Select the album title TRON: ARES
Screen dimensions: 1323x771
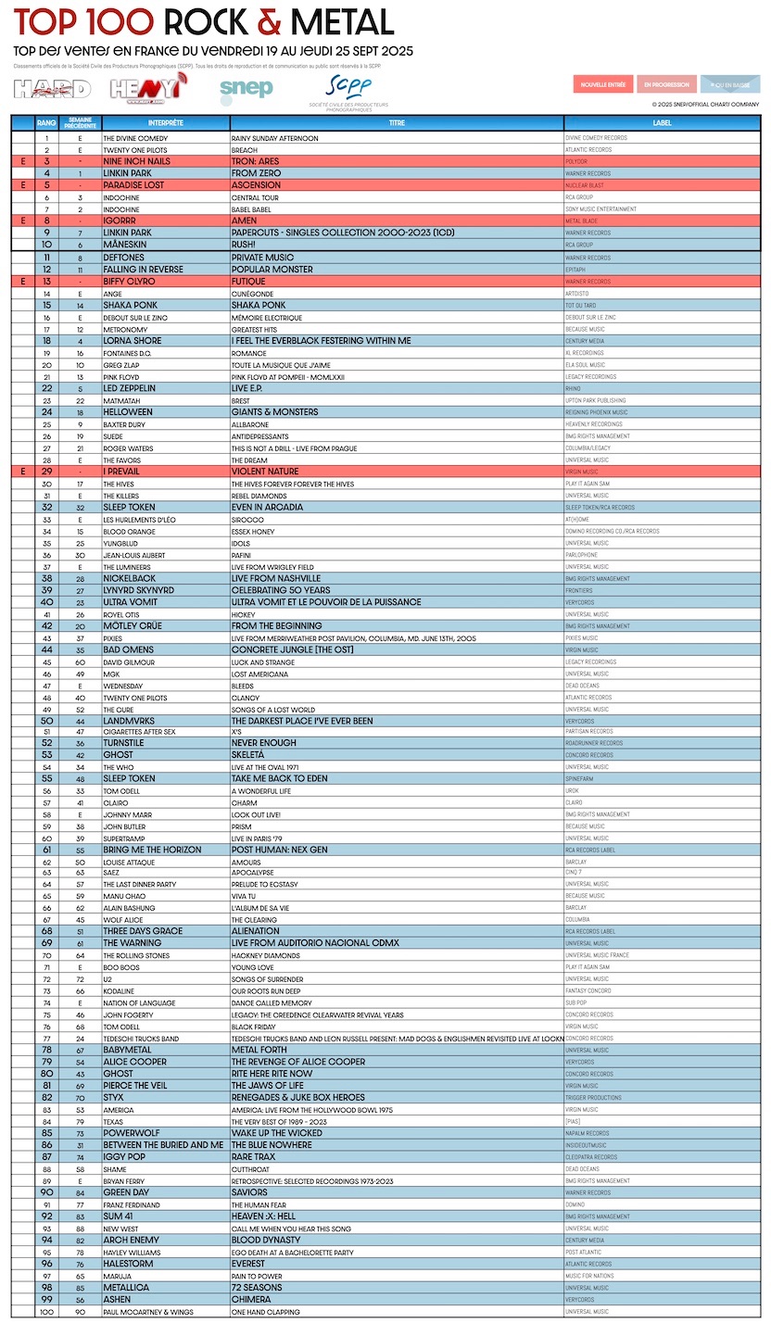(x=255, y=161)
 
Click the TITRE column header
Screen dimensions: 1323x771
(x=397, y=123)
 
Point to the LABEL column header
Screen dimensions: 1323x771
(x=662, y=123)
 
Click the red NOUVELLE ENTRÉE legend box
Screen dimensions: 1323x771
(x=603, y=85)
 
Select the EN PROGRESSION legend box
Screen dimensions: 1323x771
(x=666, y=85)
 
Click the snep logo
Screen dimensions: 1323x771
(x=246, y=89)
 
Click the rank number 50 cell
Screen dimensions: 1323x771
(x=46, y=721)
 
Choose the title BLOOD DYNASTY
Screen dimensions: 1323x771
(x=266, y=1240)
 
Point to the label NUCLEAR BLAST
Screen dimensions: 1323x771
(x=585, y=185)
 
